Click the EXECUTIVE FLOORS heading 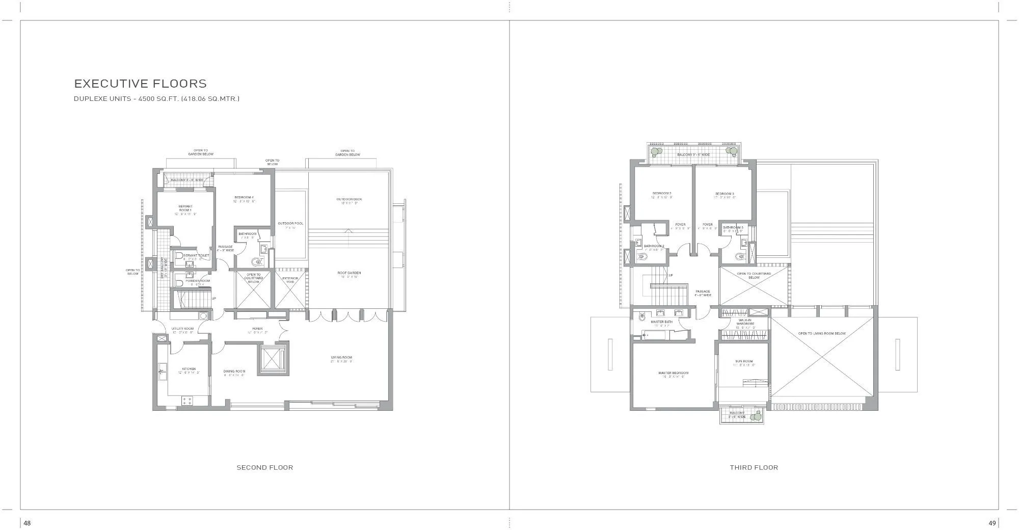(x=141, y=84)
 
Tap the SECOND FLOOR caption (x=264, y=467)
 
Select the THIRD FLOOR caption (x=754, y=467)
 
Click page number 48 (x=27, y=523)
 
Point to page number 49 (x=992, y=523)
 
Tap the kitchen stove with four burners (x=186, y=401)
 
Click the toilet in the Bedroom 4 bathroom (x=257, y=262)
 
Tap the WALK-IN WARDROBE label (x=746, y=323)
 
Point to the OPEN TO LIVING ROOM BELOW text (x=822, y=333)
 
